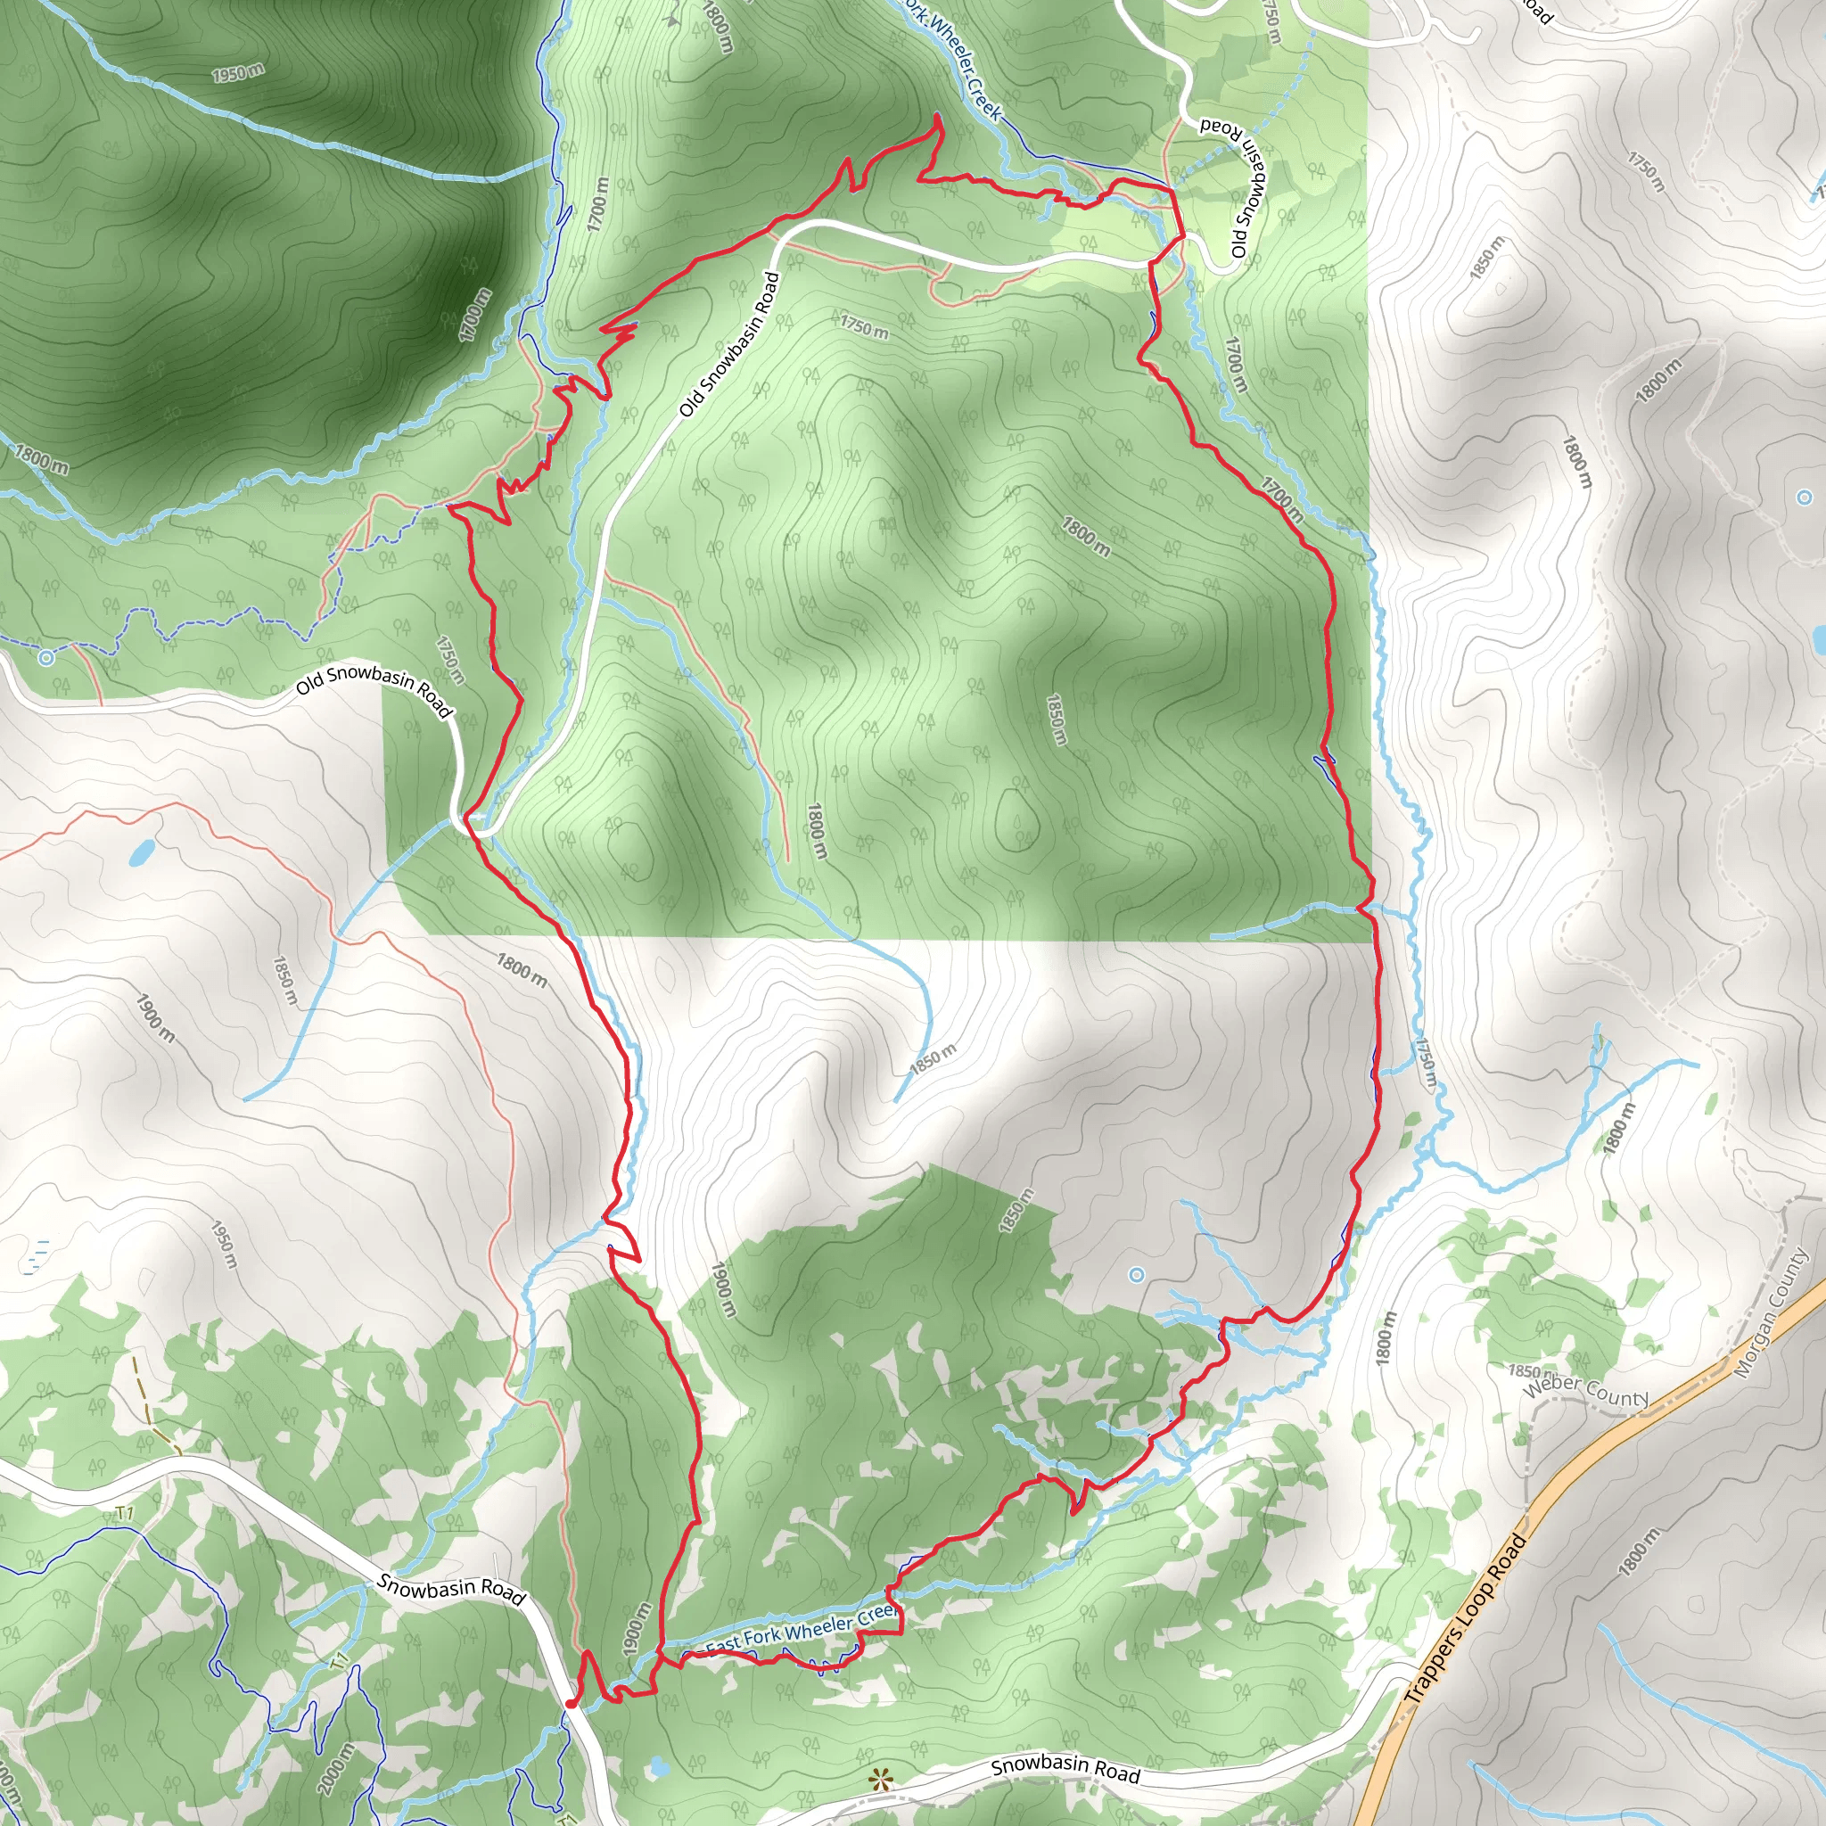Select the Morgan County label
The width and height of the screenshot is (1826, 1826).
(x=1772, y=1312)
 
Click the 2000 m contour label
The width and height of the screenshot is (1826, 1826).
(x=336, y=1768)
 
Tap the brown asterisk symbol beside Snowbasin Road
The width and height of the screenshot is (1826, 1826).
(x=881, y=1781)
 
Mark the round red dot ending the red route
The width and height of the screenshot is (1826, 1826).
(x=570, y=1703)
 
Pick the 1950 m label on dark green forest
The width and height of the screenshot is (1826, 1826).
(x=237, y=73)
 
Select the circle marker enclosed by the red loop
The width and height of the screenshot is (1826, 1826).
(x=1136, y=1275)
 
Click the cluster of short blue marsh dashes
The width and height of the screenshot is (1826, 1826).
(x=37, y=1253)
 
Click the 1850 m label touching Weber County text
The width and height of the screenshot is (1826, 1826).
(x=1525, y=1371)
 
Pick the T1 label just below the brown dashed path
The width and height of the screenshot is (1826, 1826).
(x=125, y=1514)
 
